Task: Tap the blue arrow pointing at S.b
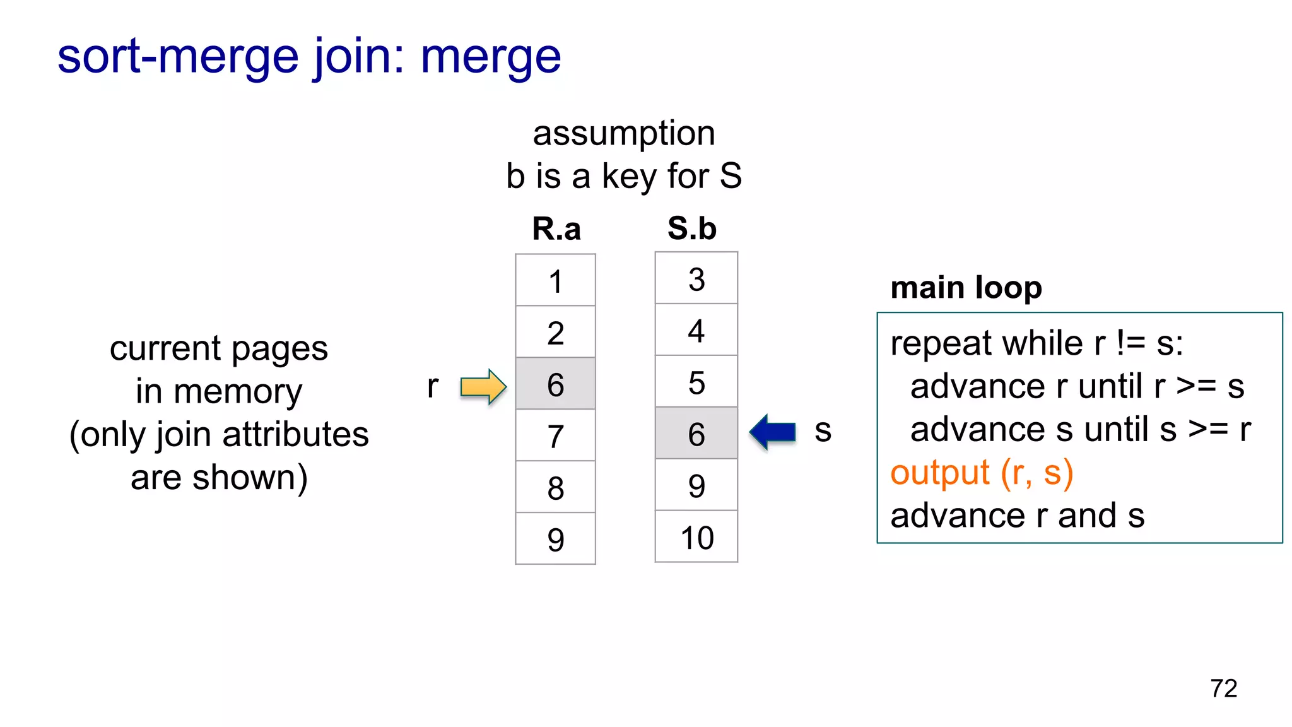point(773,432)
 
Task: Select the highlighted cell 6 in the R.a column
point(555,384)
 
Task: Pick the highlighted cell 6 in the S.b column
point(696,433)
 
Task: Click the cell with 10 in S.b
point(696,537)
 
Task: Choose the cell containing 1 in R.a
point(555,280)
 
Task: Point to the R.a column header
point(556,228)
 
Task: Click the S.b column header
point(692,228)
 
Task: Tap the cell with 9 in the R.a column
point(555,538)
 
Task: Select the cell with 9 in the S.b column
point(696,485)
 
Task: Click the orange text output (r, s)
point(982,473)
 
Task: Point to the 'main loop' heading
point(966,288)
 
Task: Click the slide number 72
point(1223,688)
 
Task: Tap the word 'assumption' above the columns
point(624,134)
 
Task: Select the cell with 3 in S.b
point(696,278)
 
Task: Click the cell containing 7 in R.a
point(555,435)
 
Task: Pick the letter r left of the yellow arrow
point(432,386)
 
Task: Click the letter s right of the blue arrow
point(823,432)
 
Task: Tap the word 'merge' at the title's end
point(491,57)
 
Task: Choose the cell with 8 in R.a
point(555,487)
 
